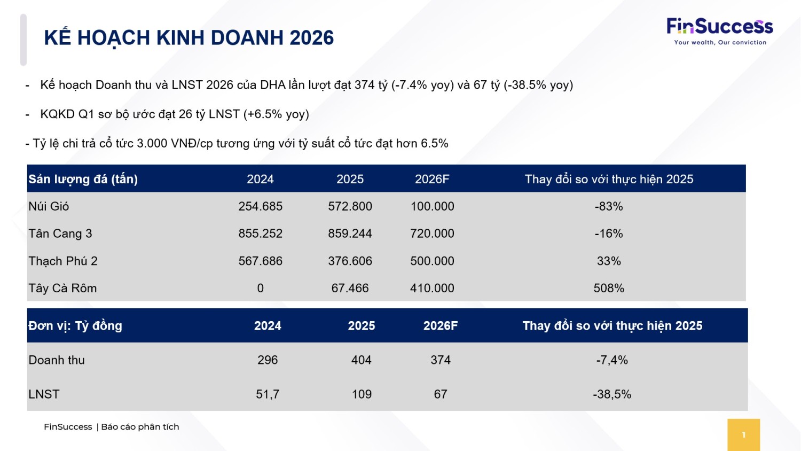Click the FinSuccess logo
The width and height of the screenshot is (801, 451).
coord(720,32)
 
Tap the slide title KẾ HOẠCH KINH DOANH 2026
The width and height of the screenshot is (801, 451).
coord(189,38)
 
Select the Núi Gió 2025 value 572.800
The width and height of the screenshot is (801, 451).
coord(350,206)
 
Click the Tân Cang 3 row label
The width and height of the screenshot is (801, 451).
coord(60,234)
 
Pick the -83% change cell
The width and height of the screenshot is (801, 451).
coord(609,206)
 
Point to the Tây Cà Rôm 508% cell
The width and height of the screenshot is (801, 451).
coord(609,288)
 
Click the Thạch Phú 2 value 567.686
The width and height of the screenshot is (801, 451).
coord(261,261)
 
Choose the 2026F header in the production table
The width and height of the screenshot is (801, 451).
coord(432,179)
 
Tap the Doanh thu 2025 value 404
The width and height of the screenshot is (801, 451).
coord(361,360)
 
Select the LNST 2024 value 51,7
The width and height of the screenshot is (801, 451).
coord(268,394)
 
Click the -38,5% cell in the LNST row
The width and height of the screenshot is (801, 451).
coord(612,394)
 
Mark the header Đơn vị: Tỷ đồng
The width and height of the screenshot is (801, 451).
coord(75,326)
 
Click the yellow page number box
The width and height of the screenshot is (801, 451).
coord(743,435)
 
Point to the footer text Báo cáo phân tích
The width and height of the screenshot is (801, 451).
coord(140,426)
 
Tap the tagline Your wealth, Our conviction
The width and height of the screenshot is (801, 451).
coord(720,42)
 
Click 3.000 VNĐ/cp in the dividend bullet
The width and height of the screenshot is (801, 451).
coord(175,143)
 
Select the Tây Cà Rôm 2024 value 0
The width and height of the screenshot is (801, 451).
coord(261,288)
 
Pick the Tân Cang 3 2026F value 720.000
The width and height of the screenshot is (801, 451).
coord(432,234)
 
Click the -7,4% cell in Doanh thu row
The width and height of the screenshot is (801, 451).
coord(612,360)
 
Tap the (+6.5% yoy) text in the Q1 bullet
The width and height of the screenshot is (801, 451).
coord(276,114)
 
